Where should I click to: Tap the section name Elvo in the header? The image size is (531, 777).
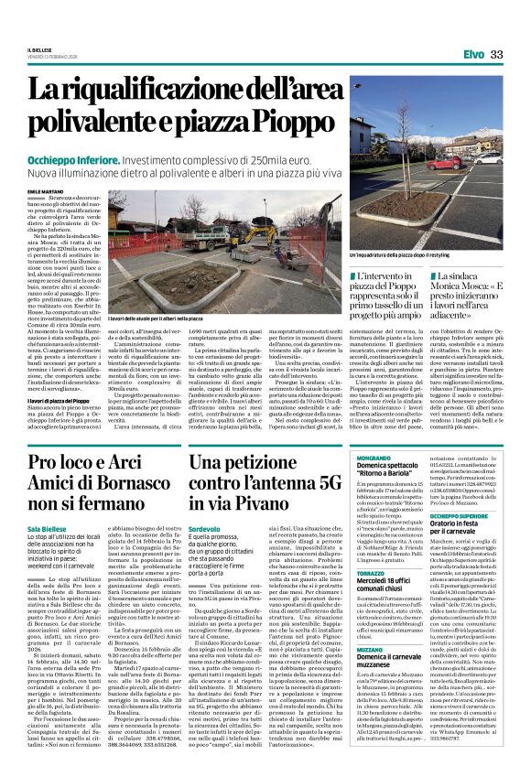click(x=473, y=55)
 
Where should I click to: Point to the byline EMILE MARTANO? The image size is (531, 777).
click(x=71, y=190)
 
